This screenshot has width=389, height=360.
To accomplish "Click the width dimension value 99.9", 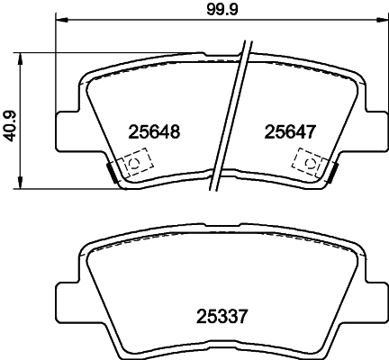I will pos(218,11).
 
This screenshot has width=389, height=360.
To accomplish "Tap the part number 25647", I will pos(289,131).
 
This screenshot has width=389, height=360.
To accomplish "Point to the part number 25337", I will pos(222,316).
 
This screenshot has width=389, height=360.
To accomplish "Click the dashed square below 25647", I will pos(307,163).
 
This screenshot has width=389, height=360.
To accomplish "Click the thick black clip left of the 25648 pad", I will pos(112,169).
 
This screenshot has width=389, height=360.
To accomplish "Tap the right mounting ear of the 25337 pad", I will pos(370,297).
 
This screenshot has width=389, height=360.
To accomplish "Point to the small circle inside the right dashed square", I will pos(309,163).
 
